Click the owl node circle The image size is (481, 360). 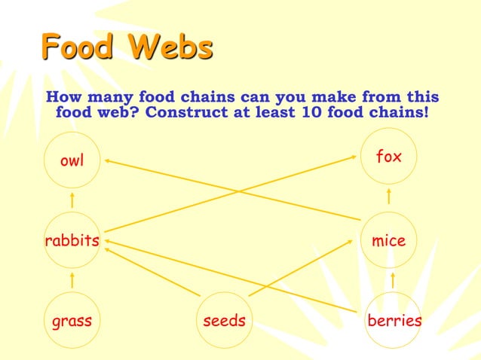pos(72,160)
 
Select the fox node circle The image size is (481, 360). pos(389,157)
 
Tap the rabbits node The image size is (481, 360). pos(72,241)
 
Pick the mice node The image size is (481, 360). pos(389,241)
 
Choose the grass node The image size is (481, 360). pos(72,321)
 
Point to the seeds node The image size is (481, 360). pos(225,321)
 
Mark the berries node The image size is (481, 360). pos(394,321)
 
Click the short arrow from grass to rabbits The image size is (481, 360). pos(72,280)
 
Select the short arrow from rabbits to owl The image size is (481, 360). pos(72,200)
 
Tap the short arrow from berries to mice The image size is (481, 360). pos(393,280)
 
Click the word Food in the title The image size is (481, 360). pos(78,48)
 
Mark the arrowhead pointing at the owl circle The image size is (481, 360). pos(109,160)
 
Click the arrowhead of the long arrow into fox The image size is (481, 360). pos(354,157)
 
